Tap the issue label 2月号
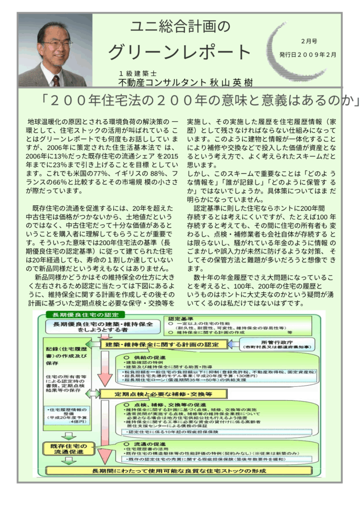[309, 41]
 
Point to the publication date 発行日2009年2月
[308, 54]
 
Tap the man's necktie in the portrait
[56, 80]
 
